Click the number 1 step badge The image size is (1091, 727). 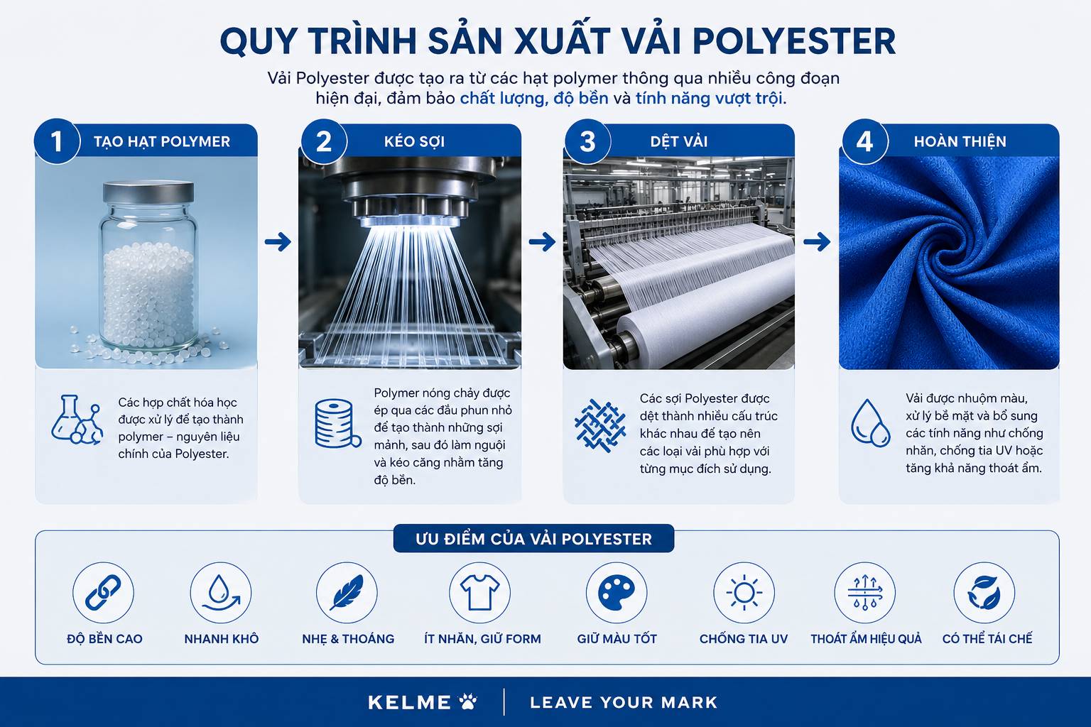click(57, 141)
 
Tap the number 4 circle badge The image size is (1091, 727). click(864, 141)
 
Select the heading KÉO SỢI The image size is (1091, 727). click(414, 141)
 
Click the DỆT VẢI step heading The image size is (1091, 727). click(679, 141)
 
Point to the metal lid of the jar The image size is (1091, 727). click(148, 192)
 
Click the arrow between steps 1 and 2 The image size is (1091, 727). click(278, 241)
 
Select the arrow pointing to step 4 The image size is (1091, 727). click(817, 241)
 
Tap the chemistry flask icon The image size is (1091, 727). click(77, 420)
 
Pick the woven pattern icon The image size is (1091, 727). click(600, 425)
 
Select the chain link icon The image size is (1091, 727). click(103, 593)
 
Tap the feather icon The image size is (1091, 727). click(347, 593)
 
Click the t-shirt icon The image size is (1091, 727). click(479, 593)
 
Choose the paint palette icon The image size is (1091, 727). click(616, 593)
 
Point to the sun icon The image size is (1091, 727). click(744, 593)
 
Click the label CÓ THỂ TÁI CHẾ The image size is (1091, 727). click(987, 638)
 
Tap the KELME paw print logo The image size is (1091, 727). click(468, 701)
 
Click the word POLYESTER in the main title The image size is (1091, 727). click(794, 41)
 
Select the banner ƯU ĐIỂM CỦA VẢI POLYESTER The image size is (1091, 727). click(533, 539)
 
